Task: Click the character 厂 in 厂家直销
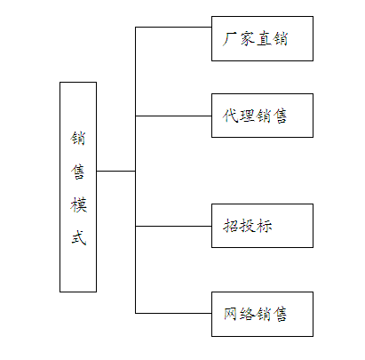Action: (230, 39)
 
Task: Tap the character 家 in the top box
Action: (247, 39)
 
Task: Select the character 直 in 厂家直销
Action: (264, 39)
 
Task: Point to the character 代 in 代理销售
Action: (230, 116)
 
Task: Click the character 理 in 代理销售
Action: (247, 116)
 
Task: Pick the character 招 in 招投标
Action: (231, 226)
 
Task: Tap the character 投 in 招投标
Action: (248, 226)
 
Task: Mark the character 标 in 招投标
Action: (265, 226)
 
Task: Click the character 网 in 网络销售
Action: (231, 314)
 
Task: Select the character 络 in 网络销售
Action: (247, 314)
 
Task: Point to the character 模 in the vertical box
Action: (78, 205)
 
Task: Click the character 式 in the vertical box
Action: (78, 238)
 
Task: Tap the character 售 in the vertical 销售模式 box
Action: (78, 172)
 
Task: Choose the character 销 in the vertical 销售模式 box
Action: (78, 139)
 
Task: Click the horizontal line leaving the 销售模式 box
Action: (116, 171)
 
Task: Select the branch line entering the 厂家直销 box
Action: (173, 28)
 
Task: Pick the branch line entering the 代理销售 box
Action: (173, 116)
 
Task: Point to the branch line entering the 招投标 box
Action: (173, 226)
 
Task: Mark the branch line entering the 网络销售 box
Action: (173, 313)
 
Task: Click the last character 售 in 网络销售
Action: (280, 314)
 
